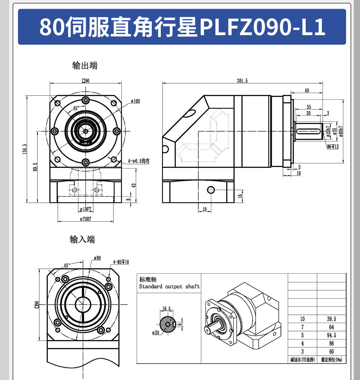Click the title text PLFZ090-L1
(x=262, y=27)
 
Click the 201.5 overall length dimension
(x=242, y=81)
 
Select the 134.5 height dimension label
(x=25, y=149)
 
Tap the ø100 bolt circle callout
(x=135, y=101)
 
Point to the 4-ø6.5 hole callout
(x=139, y=161)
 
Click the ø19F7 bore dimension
(x=85, y=209)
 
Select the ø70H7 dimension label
(x=85, y=219)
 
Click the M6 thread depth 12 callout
(x=333, y=147)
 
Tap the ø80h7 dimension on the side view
(x=341, y=131)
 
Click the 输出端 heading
(x=85, y=65)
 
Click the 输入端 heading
(x=82, y=239)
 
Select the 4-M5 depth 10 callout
(x=121, y=262)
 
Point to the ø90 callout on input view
(x=97, y=258)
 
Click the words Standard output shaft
(x=169, y=287)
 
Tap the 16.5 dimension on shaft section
(x=166, y=309)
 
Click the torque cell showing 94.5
(x=331, y=335)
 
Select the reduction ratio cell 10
(x=302, y=319)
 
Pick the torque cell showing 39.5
(x=331, y=319)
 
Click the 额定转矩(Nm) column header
(x=331, y=360)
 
